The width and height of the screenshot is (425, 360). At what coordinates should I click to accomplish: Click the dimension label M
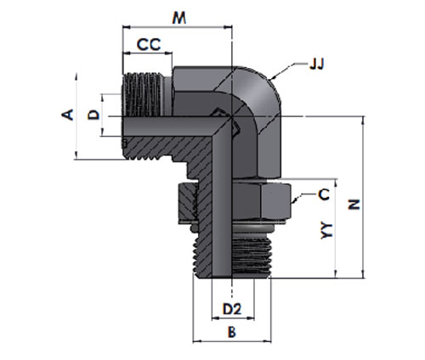point(179,18)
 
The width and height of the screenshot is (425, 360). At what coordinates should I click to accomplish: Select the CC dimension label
point(149,44)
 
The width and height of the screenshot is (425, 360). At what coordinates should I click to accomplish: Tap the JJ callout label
point(316,65)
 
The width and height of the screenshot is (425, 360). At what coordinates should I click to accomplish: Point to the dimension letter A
point(68,115)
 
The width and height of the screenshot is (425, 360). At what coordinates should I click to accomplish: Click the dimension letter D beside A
point(93,115)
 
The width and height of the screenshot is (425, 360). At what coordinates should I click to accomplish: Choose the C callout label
point(324,194)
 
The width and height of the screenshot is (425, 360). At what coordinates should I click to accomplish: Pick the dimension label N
point(354,204)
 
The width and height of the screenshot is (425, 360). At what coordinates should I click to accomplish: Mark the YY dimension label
point(326,231)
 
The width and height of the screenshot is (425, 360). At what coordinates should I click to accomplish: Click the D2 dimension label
point(232,309)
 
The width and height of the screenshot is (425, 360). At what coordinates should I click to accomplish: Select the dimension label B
point(232,332)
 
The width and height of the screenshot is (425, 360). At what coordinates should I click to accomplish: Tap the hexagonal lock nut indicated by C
point(262,201)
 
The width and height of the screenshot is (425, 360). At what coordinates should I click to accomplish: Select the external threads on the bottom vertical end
point(252,257)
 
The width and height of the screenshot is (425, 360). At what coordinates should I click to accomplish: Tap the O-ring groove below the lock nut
point(252,228)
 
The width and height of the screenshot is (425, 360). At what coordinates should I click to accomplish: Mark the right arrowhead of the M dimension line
point(229,27)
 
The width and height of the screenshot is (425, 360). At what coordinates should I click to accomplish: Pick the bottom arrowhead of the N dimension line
point(363,274)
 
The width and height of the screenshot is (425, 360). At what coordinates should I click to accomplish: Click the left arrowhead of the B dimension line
point(197,341)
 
